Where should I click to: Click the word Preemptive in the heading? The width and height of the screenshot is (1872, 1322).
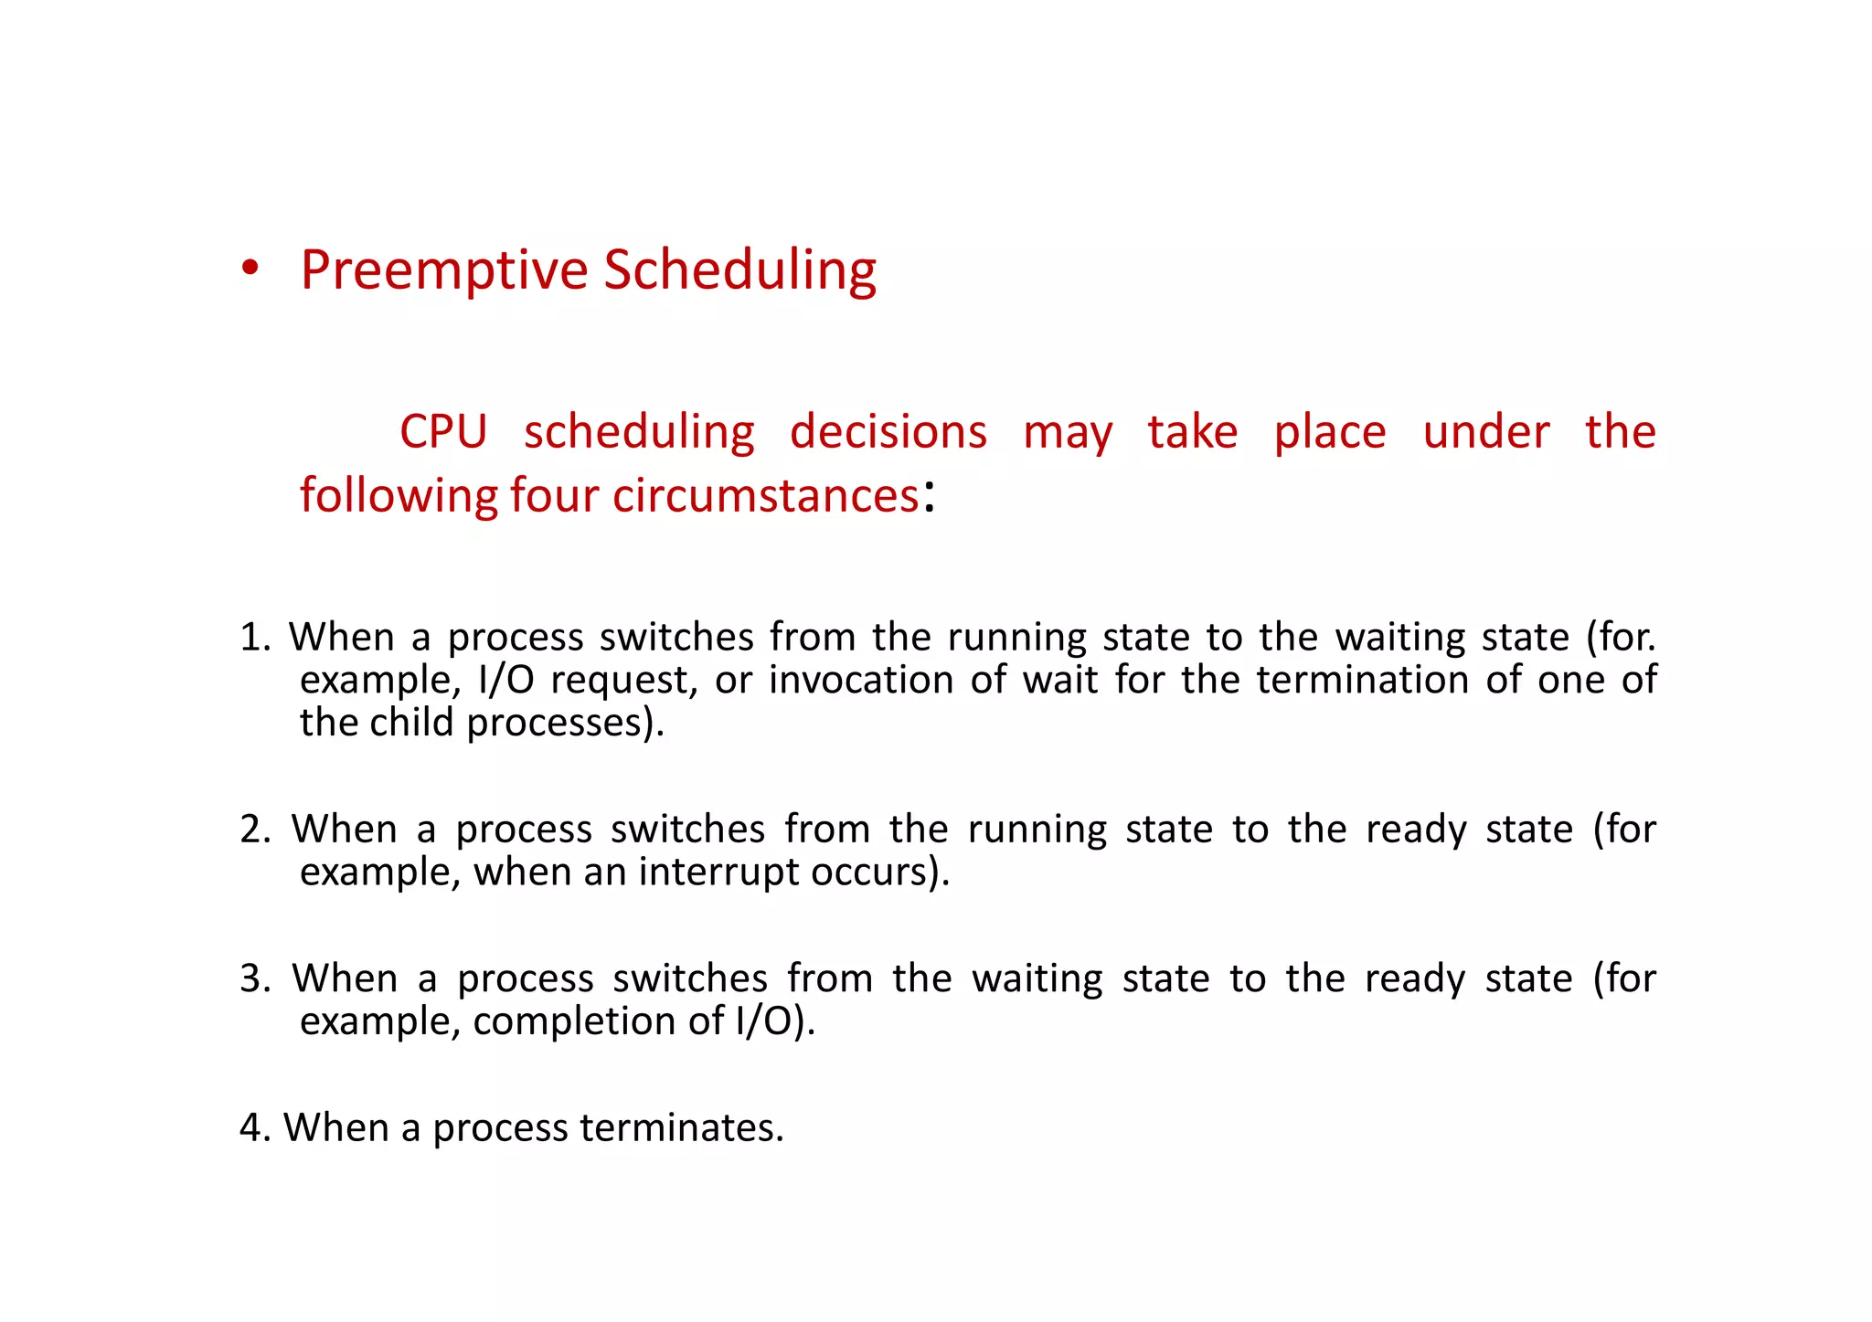(x=444, y=270)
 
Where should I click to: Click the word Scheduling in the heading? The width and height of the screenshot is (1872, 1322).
(x=740, y=270)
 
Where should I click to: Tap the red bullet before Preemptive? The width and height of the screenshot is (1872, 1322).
(x=250, y=270)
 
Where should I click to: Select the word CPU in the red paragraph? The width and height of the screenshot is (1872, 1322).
(x=443, y=431)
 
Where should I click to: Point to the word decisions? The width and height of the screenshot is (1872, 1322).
(x=888, y=431)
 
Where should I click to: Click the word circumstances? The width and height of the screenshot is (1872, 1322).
(x=765, y=496)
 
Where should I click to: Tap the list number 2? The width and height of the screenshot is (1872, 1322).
(x=251, y=830)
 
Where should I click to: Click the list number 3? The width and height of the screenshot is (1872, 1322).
(x=251, y=978)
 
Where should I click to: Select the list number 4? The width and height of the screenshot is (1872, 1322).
(x=251, y=1127)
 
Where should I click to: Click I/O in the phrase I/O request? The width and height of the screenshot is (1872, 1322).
(x=505, y=680)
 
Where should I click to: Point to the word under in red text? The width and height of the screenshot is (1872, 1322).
(x=1485, y=431)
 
